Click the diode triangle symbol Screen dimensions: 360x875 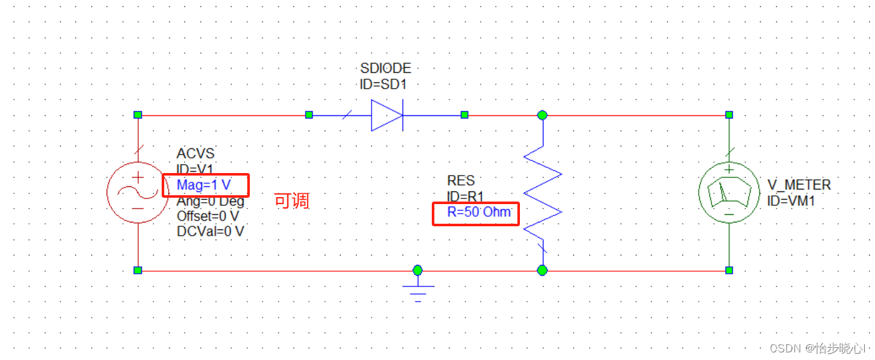386,115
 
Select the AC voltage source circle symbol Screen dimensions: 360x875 138,193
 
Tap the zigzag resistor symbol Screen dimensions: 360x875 543,193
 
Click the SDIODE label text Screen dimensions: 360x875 386,68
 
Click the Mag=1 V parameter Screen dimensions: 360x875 204,185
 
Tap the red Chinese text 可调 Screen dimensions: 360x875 291,201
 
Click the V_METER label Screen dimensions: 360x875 799,185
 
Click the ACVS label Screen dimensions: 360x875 195,154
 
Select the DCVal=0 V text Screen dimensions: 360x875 210,231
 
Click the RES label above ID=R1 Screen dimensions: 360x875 461,181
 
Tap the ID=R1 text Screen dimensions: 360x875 465,196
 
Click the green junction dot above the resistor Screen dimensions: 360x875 542,115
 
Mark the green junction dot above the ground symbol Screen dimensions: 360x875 417,270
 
